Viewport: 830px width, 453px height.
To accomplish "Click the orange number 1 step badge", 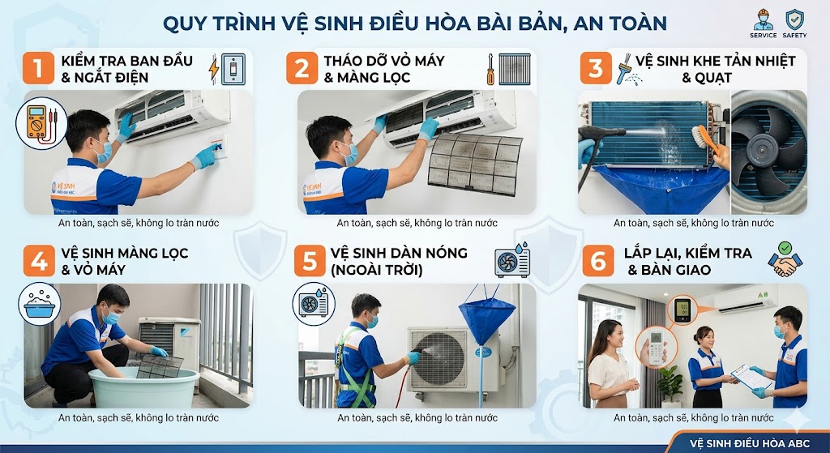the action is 38,68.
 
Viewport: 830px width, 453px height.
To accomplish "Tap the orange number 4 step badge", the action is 39,260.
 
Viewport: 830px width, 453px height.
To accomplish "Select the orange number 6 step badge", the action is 598,260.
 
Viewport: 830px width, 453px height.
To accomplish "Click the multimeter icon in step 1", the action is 41,123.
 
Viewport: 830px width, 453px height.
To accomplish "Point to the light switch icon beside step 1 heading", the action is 233,69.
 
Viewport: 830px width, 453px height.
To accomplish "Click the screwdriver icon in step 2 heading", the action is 490,69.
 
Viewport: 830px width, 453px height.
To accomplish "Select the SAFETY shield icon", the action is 794,20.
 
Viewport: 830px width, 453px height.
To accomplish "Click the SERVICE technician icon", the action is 764,20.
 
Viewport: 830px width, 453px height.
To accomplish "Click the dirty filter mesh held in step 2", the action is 474,164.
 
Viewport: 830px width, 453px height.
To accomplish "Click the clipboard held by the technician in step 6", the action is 751,377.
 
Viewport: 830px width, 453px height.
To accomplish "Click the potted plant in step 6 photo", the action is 670,385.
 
